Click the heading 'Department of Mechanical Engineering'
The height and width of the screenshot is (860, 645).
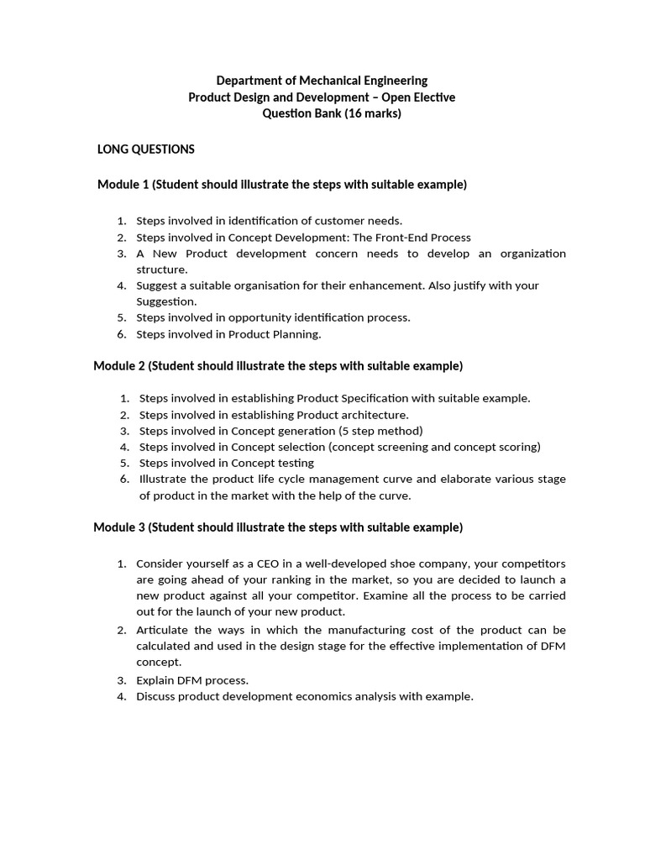click(x=322, y=81)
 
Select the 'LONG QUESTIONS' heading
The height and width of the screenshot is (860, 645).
click(x=146, y=149)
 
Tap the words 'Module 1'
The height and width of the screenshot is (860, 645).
click(x=123, y=185)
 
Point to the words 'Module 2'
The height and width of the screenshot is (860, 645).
click(x=118, y=366)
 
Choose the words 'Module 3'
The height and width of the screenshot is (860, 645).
click(x=118, y=527)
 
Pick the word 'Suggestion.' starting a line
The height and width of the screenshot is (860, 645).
click(x=166, y=302)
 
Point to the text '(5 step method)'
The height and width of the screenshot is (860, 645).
click(x=380, y=431)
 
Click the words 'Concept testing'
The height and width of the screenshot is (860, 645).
click(x=272, y=463)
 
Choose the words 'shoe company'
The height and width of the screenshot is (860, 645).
click(x=419, y=563)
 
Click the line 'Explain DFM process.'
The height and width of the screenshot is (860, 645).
click(x=192, y=680)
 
